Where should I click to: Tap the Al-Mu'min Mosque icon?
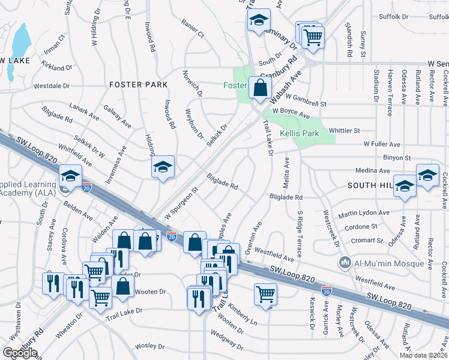[x=345, y=262]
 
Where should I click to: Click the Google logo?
[x=19, y=353]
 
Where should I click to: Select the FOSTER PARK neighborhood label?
[x=139, y=85]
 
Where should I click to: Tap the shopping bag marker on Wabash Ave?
[x=259, y=88]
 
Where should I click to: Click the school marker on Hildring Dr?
[x=163, y=167]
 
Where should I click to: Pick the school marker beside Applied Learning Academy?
[x=70, y=176]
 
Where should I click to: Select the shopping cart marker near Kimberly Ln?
[x=265, y=294]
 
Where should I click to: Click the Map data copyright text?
[x=423, y=355]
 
